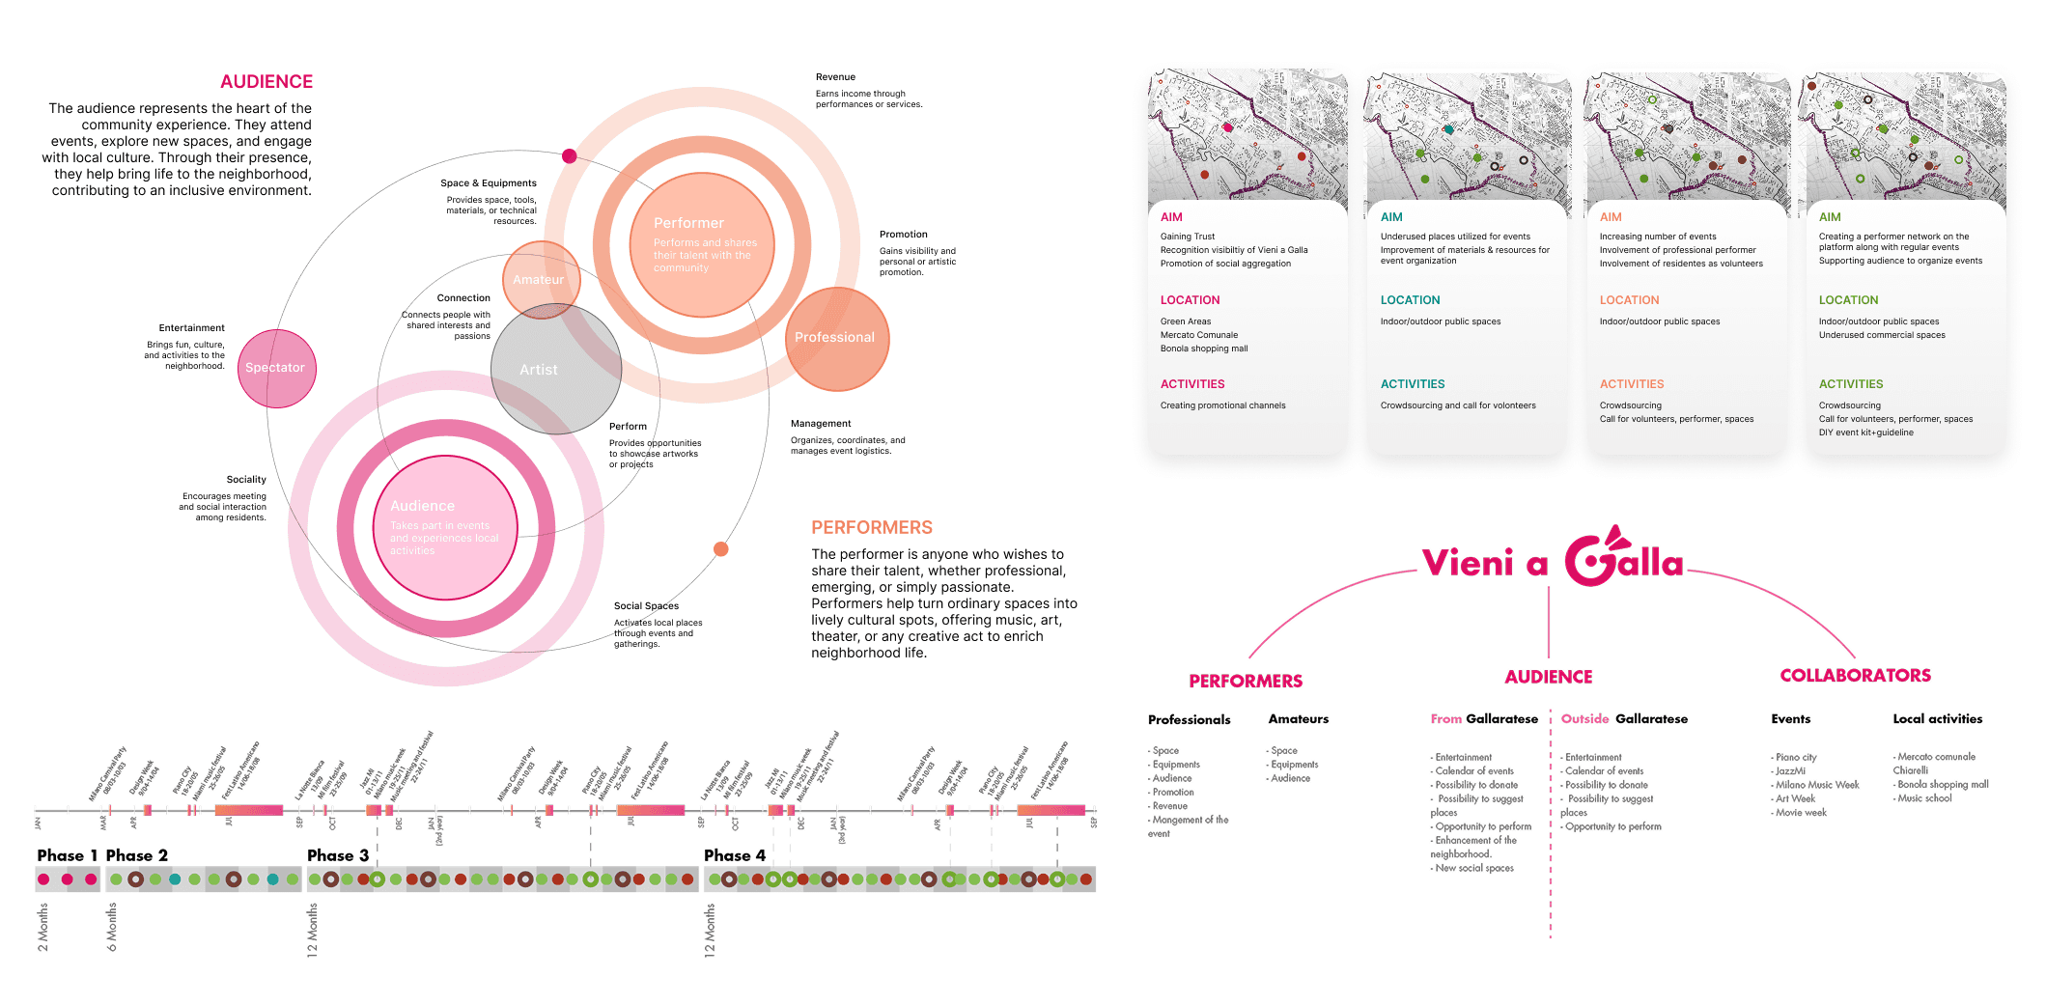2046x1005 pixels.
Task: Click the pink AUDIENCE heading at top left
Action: click(266, 82)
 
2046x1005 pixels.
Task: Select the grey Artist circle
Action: click(555, 370)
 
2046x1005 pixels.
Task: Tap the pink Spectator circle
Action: click(276, 368)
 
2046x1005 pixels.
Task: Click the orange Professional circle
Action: click(836, 338)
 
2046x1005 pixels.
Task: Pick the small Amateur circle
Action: click(540, 279)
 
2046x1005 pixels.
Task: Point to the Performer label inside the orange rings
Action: click(688, 223)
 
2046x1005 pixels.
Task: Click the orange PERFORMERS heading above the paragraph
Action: click(871, 528)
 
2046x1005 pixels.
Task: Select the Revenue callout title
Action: click(835, 77)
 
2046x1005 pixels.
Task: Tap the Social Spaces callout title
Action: click(646, 606)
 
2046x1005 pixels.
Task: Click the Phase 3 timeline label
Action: click(338, 855)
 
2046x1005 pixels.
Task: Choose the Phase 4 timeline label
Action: click(734, 855)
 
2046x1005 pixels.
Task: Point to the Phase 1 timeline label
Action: click(68, 855)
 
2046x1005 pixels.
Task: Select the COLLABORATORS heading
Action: click(1855, 676)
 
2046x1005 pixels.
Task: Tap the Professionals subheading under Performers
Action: click(1189, 720)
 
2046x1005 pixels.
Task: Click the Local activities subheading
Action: click(1937, 719)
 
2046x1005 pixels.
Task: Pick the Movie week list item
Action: click(1801, 813)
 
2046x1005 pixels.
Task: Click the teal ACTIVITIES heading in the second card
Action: click(1413, 384)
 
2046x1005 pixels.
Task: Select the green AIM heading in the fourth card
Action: click(1830, 217)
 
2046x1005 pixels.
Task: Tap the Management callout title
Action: click(821, 424)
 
